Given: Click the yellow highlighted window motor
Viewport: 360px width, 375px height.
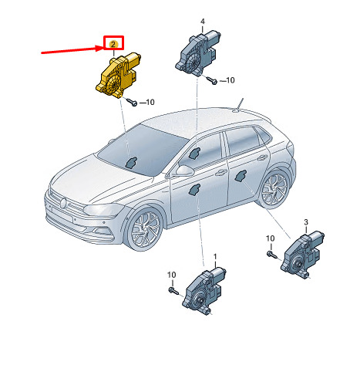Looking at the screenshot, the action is pyautogui.click(x=118, y=76).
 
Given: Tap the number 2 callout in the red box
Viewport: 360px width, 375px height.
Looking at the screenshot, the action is pyautogui.click(x=113, y=44).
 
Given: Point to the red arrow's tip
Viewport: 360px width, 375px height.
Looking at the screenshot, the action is pyautogui.click(x=103, y=48).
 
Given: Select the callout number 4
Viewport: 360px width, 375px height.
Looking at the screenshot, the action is pyautogui.click(x=203, y=21).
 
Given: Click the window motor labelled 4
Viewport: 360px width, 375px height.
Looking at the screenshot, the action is pyautogui.click(x=198, y=53).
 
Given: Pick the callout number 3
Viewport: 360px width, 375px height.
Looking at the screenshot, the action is pyautogui.click(x=306, y=222).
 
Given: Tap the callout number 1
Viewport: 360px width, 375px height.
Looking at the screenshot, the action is pyautogui.click(x=215, y=257).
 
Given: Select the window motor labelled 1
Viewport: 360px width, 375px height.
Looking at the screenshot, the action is pyautogui.click(x=204, y=291).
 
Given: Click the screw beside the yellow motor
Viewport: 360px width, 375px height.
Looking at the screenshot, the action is pyautogui.click(x=132, y=102).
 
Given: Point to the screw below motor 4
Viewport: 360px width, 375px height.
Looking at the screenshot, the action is pyautogui.click(x=211, y=80).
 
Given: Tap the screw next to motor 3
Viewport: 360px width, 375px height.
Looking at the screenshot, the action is pyautogui.click(x=272, y=255).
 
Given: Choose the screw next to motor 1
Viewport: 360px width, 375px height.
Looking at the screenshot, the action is pyautogui.click(x=173, y=291).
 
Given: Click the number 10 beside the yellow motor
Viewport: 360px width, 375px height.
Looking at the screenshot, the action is pyautogui.click(x=150, y=102).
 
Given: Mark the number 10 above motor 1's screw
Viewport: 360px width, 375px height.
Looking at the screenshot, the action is pyautogui.click(x=172, y=275).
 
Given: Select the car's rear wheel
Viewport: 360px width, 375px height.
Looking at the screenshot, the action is pyautogui.click(x=274, y=188).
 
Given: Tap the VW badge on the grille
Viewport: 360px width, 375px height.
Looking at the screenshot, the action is pyautogui.click(x=63, y=203).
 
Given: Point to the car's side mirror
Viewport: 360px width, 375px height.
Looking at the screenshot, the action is pyautogui.click(x=184, y=171).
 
